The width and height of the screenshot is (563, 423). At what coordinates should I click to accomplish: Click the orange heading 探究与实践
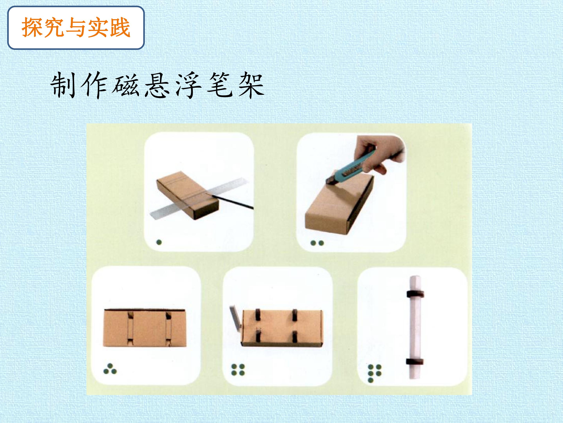76,28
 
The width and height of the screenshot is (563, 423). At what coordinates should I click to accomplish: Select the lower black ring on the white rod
415,362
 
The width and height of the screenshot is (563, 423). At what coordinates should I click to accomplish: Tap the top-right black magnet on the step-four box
295,315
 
